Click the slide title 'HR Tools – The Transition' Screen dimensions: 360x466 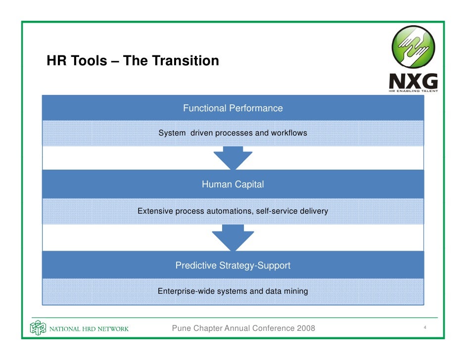133,61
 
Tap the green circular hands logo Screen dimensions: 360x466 413,47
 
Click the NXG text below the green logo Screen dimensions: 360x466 413,81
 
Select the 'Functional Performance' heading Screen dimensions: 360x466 233,108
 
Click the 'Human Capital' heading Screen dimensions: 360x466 233,184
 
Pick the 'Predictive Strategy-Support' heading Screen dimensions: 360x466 233,266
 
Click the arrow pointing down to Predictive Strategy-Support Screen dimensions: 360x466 233,237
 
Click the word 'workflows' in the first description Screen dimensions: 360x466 289,133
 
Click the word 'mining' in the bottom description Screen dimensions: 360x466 296,291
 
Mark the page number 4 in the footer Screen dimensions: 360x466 425,328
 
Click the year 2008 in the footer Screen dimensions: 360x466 304,328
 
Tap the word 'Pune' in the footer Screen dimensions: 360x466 181,328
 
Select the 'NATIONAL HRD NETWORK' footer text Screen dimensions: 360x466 89,329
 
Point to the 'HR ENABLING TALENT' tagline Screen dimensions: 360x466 413,90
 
